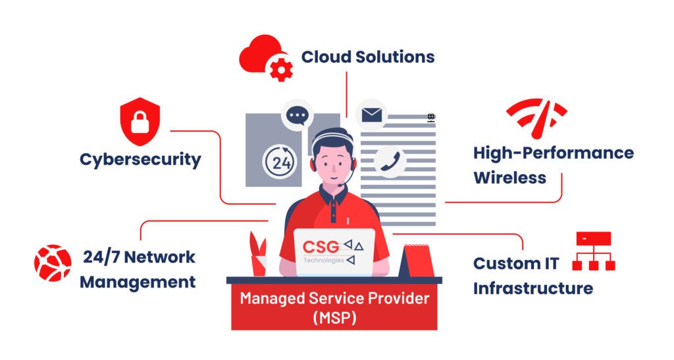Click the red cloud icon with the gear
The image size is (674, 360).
[266, 58]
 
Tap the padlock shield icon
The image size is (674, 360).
[140, 122]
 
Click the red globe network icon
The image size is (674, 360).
[53, 263]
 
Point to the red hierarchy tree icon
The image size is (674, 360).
[594, 251]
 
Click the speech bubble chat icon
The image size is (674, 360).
[297, 116]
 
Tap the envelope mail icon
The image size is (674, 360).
[371, 115]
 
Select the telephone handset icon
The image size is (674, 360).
[390, 161]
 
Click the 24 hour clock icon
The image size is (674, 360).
[280, 162]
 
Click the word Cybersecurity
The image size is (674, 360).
[141, 159]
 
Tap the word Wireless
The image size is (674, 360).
[510, 178]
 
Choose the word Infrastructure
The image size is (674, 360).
[533, 288]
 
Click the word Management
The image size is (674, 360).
[138, 282]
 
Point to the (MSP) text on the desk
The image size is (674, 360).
[334, 319]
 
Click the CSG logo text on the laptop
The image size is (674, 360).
[321, 247]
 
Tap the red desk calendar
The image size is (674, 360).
[417, 261]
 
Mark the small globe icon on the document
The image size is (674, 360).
[431, 117]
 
